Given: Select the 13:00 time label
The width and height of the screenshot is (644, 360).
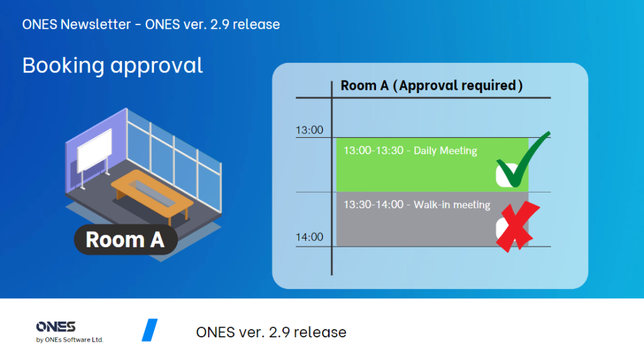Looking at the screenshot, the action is coord(309,130).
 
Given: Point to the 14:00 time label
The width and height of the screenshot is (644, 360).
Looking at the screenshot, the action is coord(309,237).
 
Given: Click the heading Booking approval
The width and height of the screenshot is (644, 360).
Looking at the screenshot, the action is coord(113,65).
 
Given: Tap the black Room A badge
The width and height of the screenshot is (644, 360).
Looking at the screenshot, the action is coord(126,240).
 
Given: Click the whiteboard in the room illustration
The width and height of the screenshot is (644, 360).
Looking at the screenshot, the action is coord(95,150).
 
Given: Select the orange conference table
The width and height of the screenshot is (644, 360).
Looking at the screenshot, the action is coord(152,194).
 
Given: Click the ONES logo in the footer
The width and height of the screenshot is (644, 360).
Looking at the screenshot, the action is coord(56,327).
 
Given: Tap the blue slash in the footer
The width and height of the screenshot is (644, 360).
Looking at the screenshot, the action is coord(150,330).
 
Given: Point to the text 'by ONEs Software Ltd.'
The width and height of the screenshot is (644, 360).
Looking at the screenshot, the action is coord(70,340).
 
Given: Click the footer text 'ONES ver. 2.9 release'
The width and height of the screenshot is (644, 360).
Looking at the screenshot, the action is coord(271,332).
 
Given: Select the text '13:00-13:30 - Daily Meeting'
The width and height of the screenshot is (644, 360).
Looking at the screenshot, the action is coord(410,151).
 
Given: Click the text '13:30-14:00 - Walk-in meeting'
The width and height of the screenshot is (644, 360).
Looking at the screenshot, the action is coord(417,205).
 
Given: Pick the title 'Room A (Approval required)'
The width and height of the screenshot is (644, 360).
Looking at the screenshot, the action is coord(431,86).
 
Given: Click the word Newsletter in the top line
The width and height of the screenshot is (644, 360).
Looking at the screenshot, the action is coord(96,25).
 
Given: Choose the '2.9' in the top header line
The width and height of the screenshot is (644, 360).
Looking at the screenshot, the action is coord(219,25).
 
